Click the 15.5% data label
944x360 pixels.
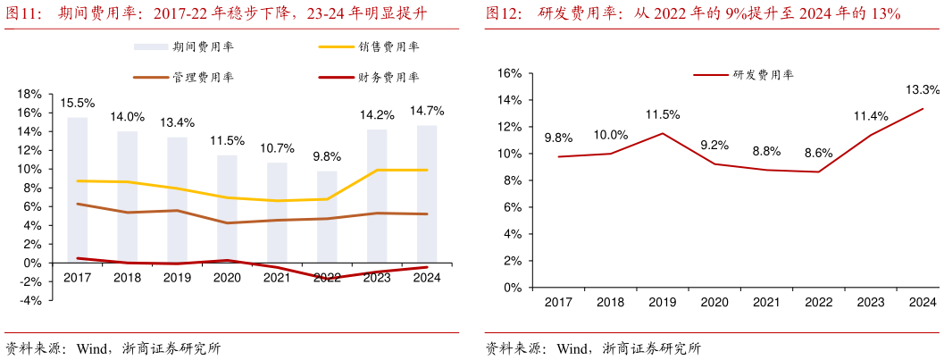point(78,104)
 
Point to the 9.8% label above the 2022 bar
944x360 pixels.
point(327,156)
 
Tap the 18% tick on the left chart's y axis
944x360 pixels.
point(30,94)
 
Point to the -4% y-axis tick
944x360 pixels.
point(30,301)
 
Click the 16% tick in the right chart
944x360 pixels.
point(508,73)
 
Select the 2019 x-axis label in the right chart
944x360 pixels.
point(662,304)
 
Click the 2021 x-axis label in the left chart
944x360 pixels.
point(277,278)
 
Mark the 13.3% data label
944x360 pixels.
point(923,89)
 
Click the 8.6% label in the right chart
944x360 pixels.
point(817,153)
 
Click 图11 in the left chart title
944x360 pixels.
point(21,13)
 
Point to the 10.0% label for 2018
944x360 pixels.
point(610,135)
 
